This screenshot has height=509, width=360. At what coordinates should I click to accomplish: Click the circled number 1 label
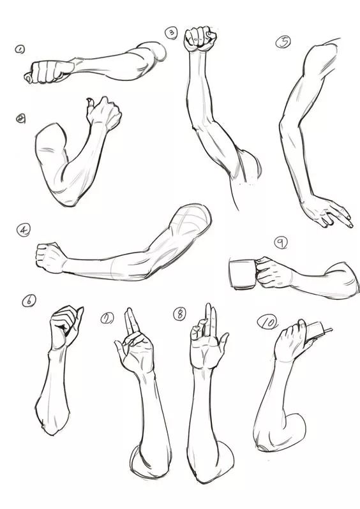tap(20, 49)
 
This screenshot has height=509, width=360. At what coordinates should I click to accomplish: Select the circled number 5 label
tap(283, 42)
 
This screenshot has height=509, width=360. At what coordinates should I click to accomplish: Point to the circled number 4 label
tap(24, 229)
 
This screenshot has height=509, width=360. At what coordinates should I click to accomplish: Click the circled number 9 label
tap(280, 243)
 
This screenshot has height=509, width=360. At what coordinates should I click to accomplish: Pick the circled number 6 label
tap(29, 300)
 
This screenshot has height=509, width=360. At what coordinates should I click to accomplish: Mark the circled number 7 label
tap(107, 317)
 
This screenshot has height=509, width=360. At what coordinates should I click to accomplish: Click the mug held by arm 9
tap(242, 274)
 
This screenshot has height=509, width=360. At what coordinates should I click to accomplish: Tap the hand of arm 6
tap(66, 325)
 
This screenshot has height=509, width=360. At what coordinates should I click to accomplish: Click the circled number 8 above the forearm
tap(181, 314)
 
